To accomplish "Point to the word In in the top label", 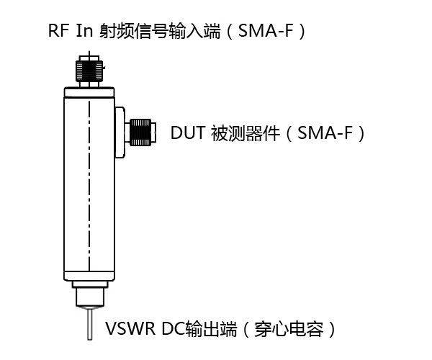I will click(84, 32).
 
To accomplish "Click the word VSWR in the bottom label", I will click(127, 330).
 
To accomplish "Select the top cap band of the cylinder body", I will click(89, 91).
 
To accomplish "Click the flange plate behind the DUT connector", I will click(120, 132).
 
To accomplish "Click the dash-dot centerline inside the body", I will click(89, 187).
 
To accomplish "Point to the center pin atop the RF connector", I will click(89, 54).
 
